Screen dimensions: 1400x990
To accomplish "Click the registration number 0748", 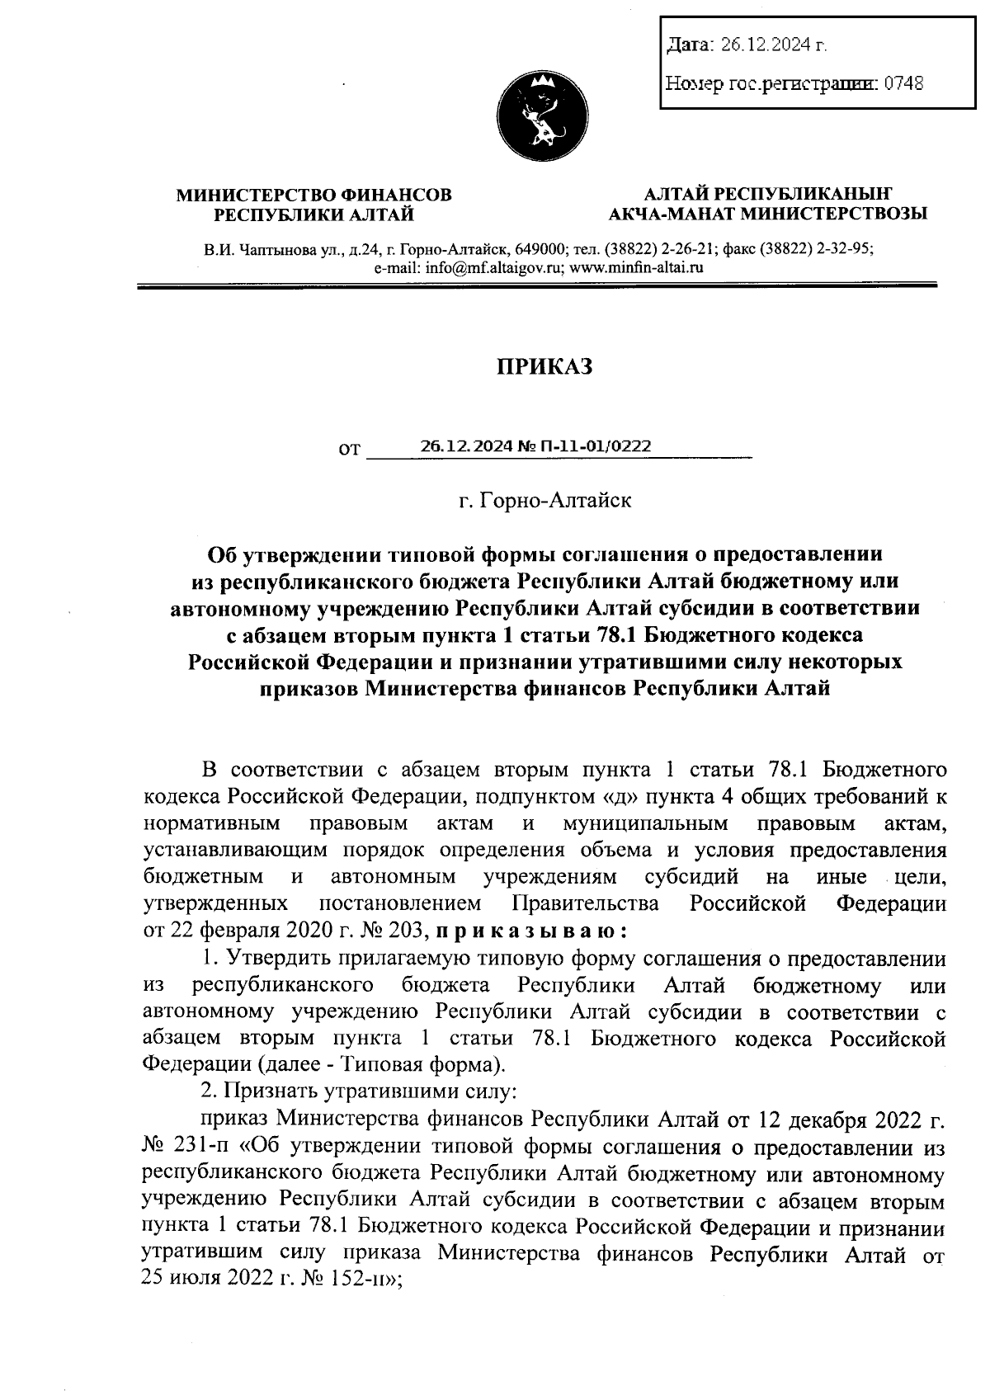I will tap(903, 83).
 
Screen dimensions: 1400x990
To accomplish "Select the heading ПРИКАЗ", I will tap(544, 367).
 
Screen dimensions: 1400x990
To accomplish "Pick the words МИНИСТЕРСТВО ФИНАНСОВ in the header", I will tap(314, 196).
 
